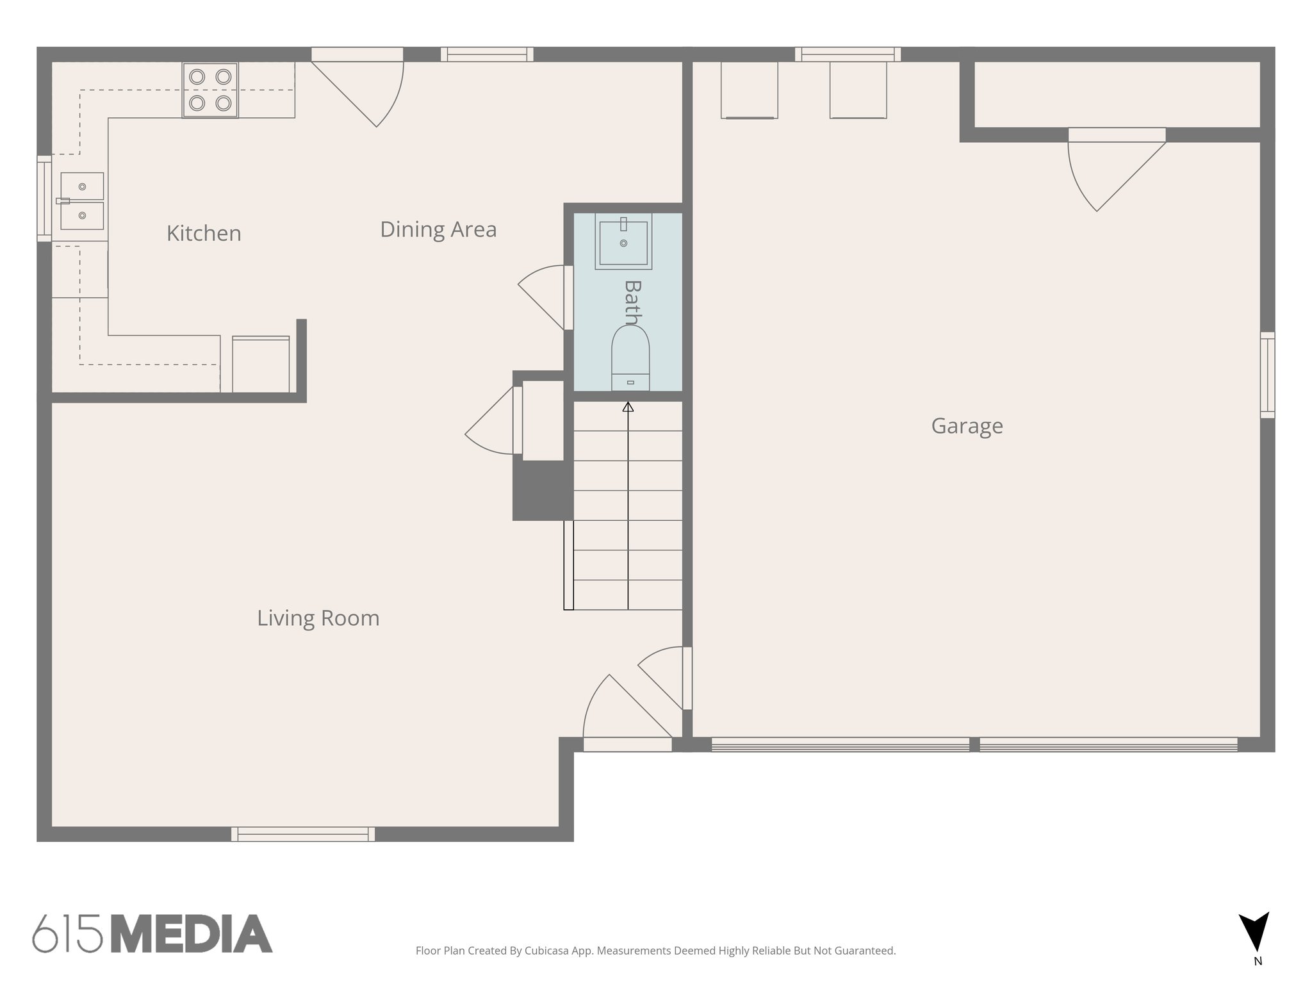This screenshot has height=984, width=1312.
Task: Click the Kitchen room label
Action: click(x=204, y=233)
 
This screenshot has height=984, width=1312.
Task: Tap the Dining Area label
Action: click(x=438, y=229)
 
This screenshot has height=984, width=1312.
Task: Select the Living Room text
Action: click(x=318, y=618)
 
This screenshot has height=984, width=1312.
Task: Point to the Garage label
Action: click(x=967, y=426)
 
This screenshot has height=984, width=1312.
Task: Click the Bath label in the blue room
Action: click(x=632, y=302)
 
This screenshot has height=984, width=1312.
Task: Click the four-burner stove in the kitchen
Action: click(x=210, y=90)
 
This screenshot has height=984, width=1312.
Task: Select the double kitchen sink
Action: click(x=82, y=201)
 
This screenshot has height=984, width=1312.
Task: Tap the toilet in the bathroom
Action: click(x=630, y=359)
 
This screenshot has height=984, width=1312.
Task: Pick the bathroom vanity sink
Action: click(x=623, y=242)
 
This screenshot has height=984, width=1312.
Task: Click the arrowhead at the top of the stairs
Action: click(x=628, y=407)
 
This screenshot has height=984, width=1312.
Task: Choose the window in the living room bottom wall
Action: click(x=303, y=834)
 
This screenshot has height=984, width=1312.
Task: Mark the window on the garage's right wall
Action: click(x=1267, y=375)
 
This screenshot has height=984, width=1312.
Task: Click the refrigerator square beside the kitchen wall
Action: click(x=260, y=364)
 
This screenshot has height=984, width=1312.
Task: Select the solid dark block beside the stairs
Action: click(x=541, y=490)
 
